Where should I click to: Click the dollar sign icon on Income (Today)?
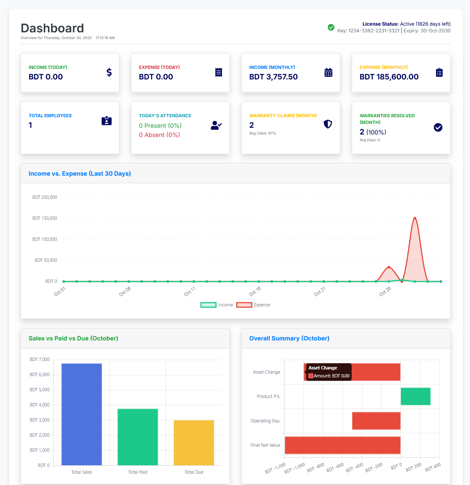[x=109, y=72]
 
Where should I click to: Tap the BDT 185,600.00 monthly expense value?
[x=389, y=77]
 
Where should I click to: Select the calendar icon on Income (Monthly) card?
[x=328, y=72]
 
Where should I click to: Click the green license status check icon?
[x=331, y=27]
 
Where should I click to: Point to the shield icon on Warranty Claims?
[x=328, y=124]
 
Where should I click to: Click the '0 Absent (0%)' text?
[x=159, y=135]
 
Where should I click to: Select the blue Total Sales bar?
[x=81, y=414]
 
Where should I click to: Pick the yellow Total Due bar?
[x=194, y=443]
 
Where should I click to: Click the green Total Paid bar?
[x=138, y=437]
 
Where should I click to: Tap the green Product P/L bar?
[x=415, y=396]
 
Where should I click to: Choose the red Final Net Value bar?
[x=342, y=445]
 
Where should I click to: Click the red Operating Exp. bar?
[x=376, y=421]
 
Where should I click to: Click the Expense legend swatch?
[x=244, y=305]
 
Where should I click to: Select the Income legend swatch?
[x=209, y=305]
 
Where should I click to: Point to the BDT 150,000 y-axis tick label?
[x=44, y=218]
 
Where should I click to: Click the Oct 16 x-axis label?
[x=255, y=291]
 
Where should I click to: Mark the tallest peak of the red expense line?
[x=415, y=218]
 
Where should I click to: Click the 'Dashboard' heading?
[x=52, y=28]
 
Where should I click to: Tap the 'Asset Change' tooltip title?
[x=323, y=368]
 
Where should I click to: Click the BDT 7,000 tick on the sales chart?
[x=39, y=359]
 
